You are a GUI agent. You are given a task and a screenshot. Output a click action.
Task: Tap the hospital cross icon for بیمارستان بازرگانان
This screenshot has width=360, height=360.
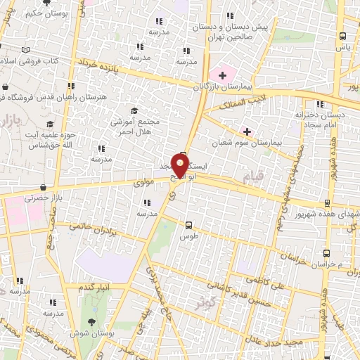pos(223,75)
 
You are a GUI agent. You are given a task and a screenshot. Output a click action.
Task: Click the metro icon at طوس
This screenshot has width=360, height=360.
pos(188,225)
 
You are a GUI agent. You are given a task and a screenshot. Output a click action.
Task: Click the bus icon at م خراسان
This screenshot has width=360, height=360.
pos(326,253)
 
